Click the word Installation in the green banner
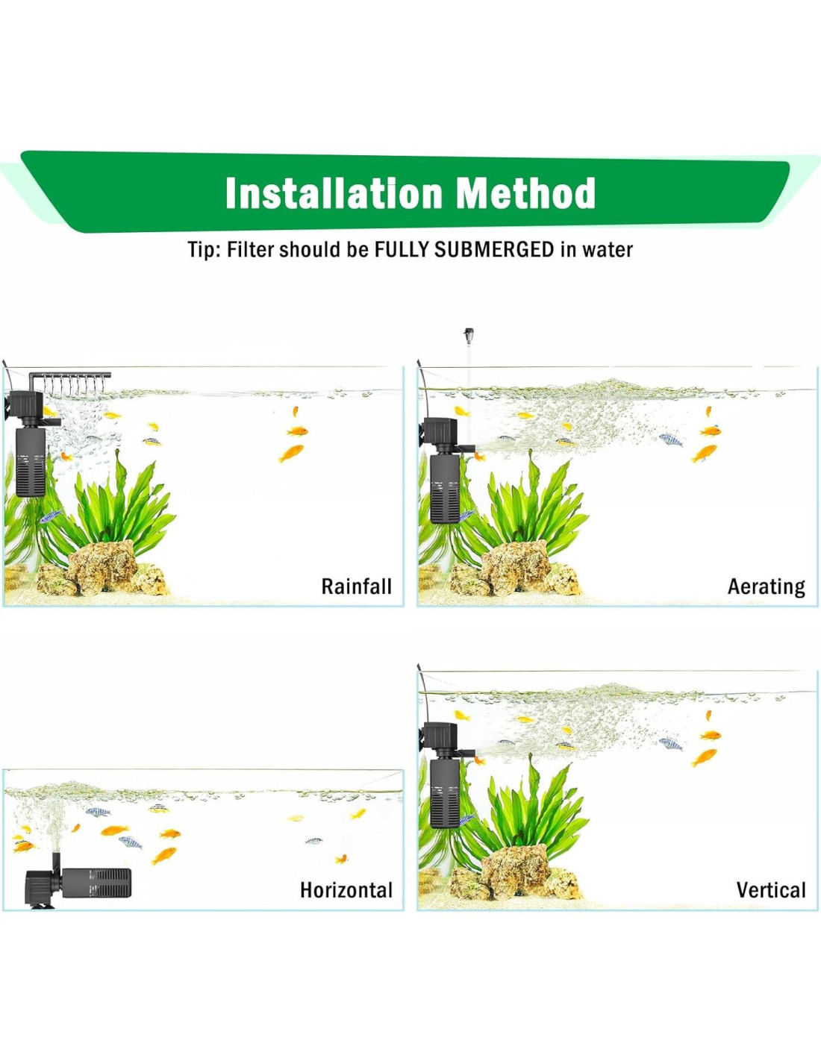[x=334, y=193]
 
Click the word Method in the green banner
[x=526, y=193]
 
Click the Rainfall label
[x=357, y=586]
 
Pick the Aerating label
[x=767, y=587]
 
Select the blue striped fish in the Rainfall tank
[x=50, y=516]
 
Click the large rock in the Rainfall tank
[x=102, y=567]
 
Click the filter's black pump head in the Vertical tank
[x=440, y=739]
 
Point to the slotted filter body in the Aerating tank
[x=444, y=487]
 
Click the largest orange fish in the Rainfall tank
[x=292, y=453]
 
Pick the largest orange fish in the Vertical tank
[x=705, y=757]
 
